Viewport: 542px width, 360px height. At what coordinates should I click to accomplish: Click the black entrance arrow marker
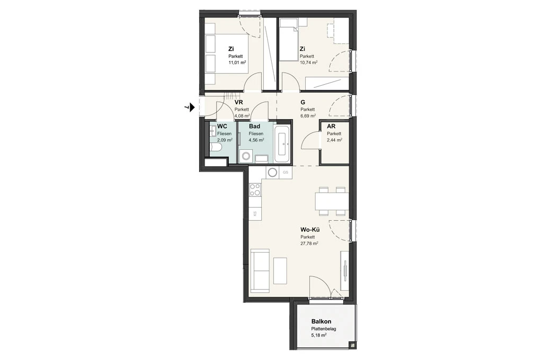pos(192,107)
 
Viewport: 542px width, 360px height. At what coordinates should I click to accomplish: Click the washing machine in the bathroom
pos(246,156)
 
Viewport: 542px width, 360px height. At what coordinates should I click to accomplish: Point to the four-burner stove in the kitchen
pos(255,190)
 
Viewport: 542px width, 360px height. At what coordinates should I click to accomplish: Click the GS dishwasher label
pos(286,172)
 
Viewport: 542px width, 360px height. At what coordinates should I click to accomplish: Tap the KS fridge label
pos(255,213)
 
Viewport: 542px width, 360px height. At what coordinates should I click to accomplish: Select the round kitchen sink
pos(272,172)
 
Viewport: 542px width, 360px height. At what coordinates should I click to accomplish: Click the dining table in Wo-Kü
pos(332,201)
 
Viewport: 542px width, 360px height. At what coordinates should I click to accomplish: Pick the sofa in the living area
pos(260,270)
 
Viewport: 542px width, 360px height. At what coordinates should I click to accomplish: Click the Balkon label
pos(321,322)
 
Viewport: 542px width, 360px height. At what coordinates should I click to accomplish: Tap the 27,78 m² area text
pos(309,243)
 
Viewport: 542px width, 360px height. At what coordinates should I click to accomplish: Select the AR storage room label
pos(331,127)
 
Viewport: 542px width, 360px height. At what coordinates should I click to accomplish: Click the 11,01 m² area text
pos(237,62)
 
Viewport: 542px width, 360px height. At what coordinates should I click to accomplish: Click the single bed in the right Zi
pos(289,40)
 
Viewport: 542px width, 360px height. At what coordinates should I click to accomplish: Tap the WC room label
pos(223,127)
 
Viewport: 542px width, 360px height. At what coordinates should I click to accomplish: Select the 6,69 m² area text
pos(308,116)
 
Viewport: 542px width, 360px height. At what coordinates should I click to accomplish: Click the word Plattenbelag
pos(324,329)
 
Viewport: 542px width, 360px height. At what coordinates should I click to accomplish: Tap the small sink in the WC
pos(212,132)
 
